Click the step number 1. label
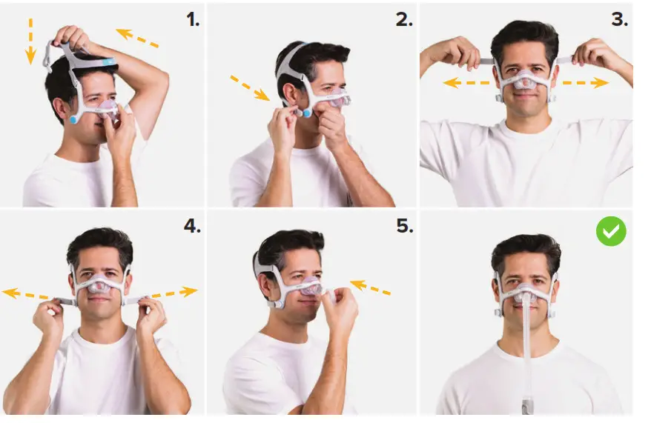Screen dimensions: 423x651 [193, 20]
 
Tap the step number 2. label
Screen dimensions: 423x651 [404, 20]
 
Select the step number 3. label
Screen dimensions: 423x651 [619, 20]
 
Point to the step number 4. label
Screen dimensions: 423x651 [192, 227]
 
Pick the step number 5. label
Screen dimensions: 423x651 [404, 227]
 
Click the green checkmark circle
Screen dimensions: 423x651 [611, 232]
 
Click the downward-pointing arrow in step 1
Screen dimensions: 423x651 [31, 40]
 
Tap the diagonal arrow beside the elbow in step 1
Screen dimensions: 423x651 [137, 38]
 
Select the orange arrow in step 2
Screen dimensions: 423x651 [250, 87]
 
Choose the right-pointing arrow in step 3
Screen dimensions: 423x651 [585, 83]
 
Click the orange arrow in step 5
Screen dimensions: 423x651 [370, 287]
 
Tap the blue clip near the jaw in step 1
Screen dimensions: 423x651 [74, 119]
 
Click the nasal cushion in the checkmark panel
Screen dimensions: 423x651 [526, 291]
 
